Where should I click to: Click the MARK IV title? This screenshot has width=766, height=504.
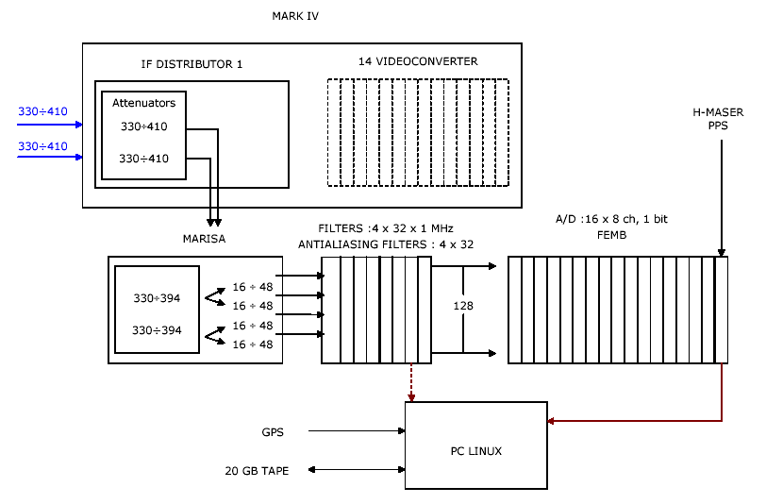[x=295, y=16]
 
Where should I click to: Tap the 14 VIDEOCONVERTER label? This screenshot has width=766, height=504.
[x=418, y=61]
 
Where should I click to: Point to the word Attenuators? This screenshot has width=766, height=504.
[x=143, y=103]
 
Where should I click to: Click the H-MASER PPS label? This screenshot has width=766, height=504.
[x=719, y=119]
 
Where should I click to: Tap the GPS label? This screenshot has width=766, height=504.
[x=273, y=432]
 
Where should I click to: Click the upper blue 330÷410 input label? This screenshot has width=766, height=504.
[x=42, y=112]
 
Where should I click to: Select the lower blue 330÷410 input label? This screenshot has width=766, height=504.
[x=42, y=146]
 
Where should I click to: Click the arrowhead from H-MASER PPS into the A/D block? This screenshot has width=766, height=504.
[x=721, y=252]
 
